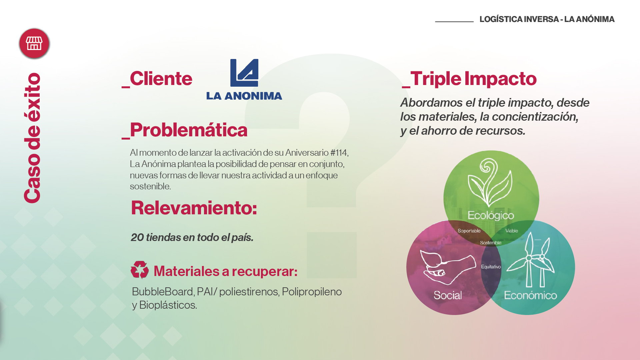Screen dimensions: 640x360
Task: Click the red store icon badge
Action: click(34, 43)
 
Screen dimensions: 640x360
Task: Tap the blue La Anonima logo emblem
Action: click(244, 73)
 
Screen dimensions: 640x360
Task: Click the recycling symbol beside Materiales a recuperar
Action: click(140, 270)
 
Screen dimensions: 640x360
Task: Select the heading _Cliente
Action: click(157, 79)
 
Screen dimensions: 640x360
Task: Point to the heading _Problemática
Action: click(185, 130)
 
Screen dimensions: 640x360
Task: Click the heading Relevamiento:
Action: click(194, 208)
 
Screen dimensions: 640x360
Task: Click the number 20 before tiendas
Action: click(137, 237)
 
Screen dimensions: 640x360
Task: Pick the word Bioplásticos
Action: click(168, 305)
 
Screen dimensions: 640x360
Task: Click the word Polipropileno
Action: click(312, 292)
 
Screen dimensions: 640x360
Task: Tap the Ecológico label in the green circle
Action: click(491, 216)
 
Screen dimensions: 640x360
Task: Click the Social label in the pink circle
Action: click(448, 295)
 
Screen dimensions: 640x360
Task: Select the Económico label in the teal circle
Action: click(530, 295)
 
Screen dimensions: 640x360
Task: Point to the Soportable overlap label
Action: click(469, 231)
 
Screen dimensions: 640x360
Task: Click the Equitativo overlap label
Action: click(491, 267)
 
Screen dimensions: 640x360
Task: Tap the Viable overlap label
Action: click(512, 231)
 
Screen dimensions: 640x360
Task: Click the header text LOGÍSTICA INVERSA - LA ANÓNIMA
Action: click(547, 19)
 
